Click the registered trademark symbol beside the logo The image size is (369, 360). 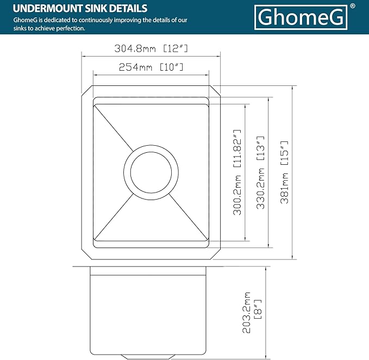tap(353, 6)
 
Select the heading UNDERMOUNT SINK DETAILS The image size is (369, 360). tap(80, 8)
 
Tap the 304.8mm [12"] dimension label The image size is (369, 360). tap(151, 48)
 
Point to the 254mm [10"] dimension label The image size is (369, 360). tap(151, 67)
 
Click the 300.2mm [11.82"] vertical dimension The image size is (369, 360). tap(237, 172)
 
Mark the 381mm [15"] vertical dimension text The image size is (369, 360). tap(284, 172)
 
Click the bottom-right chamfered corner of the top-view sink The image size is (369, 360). tap(216, 253)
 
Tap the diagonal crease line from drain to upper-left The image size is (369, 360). tap(114, 128)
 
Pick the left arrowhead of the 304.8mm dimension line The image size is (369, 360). tap(83, 54)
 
